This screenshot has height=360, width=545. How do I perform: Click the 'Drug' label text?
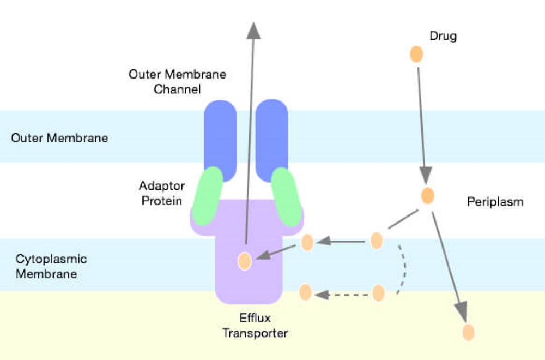443,37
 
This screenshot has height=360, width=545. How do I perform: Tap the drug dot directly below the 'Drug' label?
416,55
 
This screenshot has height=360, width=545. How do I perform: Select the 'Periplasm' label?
495,202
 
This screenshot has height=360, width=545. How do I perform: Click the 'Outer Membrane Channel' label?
177,81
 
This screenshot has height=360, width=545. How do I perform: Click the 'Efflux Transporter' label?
255,325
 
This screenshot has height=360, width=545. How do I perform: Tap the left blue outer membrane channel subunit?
220,136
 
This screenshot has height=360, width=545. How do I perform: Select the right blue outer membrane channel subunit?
271,136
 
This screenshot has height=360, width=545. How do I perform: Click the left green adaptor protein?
208,196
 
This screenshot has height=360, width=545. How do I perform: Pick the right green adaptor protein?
287,196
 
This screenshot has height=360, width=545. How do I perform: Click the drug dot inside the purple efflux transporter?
245,261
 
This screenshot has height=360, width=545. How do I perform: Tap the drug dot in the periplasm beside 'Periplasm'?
427,195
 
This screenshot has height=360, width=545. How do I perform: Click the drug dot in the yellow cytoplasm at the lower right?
468,332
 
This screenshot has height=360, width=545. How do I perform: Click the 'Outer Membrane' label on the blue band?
59,138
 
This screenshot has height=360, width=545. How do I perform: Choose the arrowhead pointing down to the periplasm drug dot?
426,175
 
